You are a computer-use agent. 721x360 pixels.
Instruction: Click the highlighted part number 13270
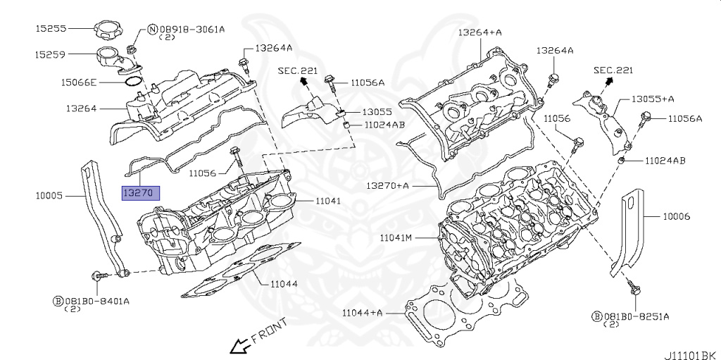click(141, 192)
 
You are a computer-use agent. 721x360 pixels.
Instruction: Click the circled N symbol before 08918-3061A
click(151, 30)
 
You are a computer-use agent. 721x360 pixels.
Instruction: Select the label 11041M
click(396, 237)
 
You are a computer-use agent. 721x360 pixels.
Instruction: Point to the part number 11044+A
click(363, 312)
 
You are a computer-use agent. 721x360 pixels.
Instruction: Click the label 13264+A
click(479, 32)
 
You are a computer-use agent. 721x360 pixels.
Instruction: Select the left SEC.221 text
click(298, 71)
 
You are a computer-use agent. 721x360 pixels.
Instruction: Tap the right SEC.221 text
click(613, 70)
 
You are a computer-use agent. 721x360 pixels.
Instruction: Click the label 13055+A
click(652, 99)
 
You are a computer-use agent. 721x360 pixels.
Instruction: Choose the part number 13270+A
click(387, 185)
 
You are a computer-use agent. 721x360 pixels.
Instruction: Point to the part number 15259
click(51, 54)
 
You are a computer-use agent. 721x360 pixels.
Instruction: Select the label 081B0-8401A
click(101, 301)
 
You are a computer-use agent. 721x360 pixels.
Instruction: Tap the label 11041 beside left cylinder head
click(327, 201)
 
